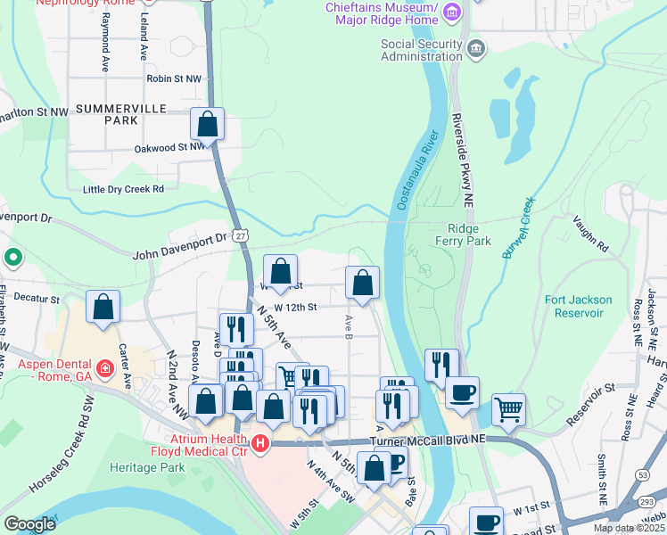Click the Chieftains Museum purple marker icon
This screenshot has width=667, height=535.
(x=452, y=12)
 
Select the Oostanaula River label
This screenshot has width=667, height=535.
(x=418, y=170)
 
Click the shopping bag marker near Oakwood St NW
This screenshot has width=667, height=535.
(x=207, y=124)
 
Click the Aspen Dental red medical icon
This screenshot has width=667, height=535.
(x=104, y=367)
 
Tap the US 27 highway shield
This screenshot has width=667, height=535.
(x=242, y=235)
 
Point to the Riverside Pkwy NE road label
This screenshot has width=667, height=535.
(x=463, y=150)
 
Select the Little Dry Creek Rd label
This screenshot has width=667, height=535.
(x=123, y=189)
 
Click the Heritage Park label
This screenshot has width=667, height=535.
(x=146, y=467)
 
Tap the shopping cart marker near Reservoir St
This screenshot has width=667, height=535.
(x=508, y=409)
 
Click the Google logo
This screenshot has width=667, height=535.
(x=29, y=524)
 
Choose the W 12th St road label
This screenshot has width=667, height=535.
(x=295, y=307)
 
